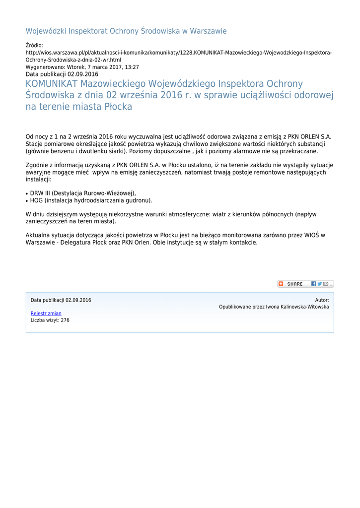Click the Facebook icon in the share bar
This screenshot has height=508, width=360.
(314, 284)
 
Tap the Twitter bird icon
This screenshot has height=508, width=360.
(320, 284)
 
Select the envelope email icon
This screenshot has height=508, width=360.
(326, 284)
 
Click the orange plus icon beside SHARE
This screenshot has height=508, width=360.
(281, 284)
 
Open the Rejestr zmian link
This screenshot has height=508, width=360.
(46, 314)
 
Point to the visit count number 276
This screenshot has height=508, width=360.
(65, 320)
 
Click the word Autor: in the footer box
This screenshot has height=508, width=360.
(322, 300)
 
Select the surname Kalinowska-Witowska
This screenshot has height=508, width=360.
(304, 307)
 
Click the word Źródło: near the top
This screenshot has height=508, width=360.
(35, 46)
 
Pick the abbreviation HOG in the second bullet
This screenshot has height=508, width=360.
(37, 201)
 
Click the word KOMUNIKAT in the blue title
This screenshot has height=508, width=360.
(52, 84)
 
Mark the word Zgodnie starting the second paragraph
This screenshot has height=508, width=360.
(37, 165)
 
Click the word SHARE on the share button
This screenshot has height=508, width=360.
(294, 284)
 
